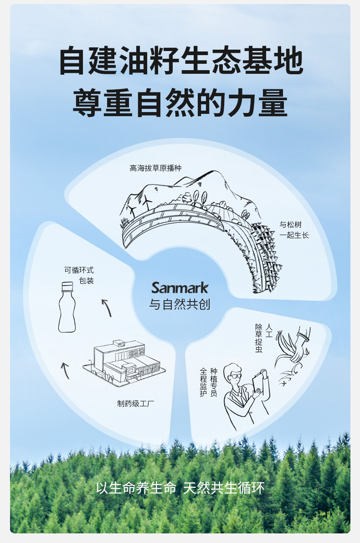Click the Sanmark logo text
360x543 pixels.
coord(180,287)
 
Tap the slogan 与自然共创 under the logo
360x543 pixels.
coord(180,304)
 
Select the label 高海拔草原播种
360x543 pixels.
coord(155,168)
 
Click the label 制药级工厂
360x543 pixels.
coord(136,403)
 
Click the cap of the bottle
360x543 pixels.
coord(67,287)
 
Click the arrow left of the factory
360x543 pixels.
coord(65,370)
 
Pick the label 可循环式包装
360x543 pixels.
coord(80,275)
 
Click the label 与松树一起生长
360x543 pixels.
coord(293,230)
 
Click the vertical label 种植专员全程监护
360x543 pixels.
coord(208,382)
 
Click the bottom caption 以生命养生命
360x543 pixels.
coord(136,488)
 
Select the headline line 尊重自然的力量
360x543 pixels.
coord(180,103)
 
